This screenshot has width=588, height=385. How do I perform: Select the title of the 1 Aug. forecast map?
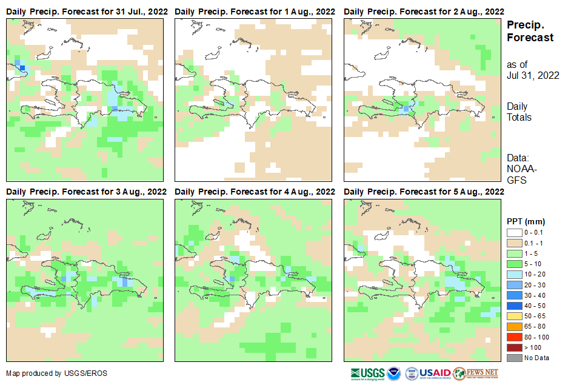255,12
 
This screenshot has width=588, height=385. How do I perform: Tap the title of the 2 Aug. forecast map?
424,12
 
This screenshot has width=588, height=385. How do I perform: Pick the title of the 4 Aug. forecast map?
255,192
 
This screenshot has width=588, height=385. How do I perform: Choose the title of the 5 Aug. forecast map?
424,192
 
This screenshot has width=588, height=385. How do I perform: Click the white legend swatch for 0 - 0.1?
514,232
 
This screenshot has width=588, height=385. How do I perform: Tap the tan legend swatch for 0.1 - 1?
514,242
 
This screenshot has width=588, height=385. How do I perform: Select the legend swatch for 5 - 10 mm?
514,263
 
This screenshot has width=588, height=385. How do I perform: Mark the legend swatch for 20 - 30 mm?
514,284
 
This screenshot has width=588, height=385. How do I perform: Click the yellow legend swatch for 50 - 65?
514,316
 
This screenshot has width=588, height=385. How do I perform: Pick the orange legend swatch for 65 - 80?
514,326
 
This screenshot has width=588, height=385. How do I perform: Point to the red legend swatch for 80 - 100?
514,336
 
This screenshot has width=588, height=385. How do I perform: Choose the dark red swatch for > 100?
514,347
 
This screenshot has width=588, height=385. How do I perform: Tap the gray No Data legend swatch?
514,358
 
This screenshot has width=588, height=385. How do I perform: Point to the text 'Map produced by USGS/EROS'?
56,373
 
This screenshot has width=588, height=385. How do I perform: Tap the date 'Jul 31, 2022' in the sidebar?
533,75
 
